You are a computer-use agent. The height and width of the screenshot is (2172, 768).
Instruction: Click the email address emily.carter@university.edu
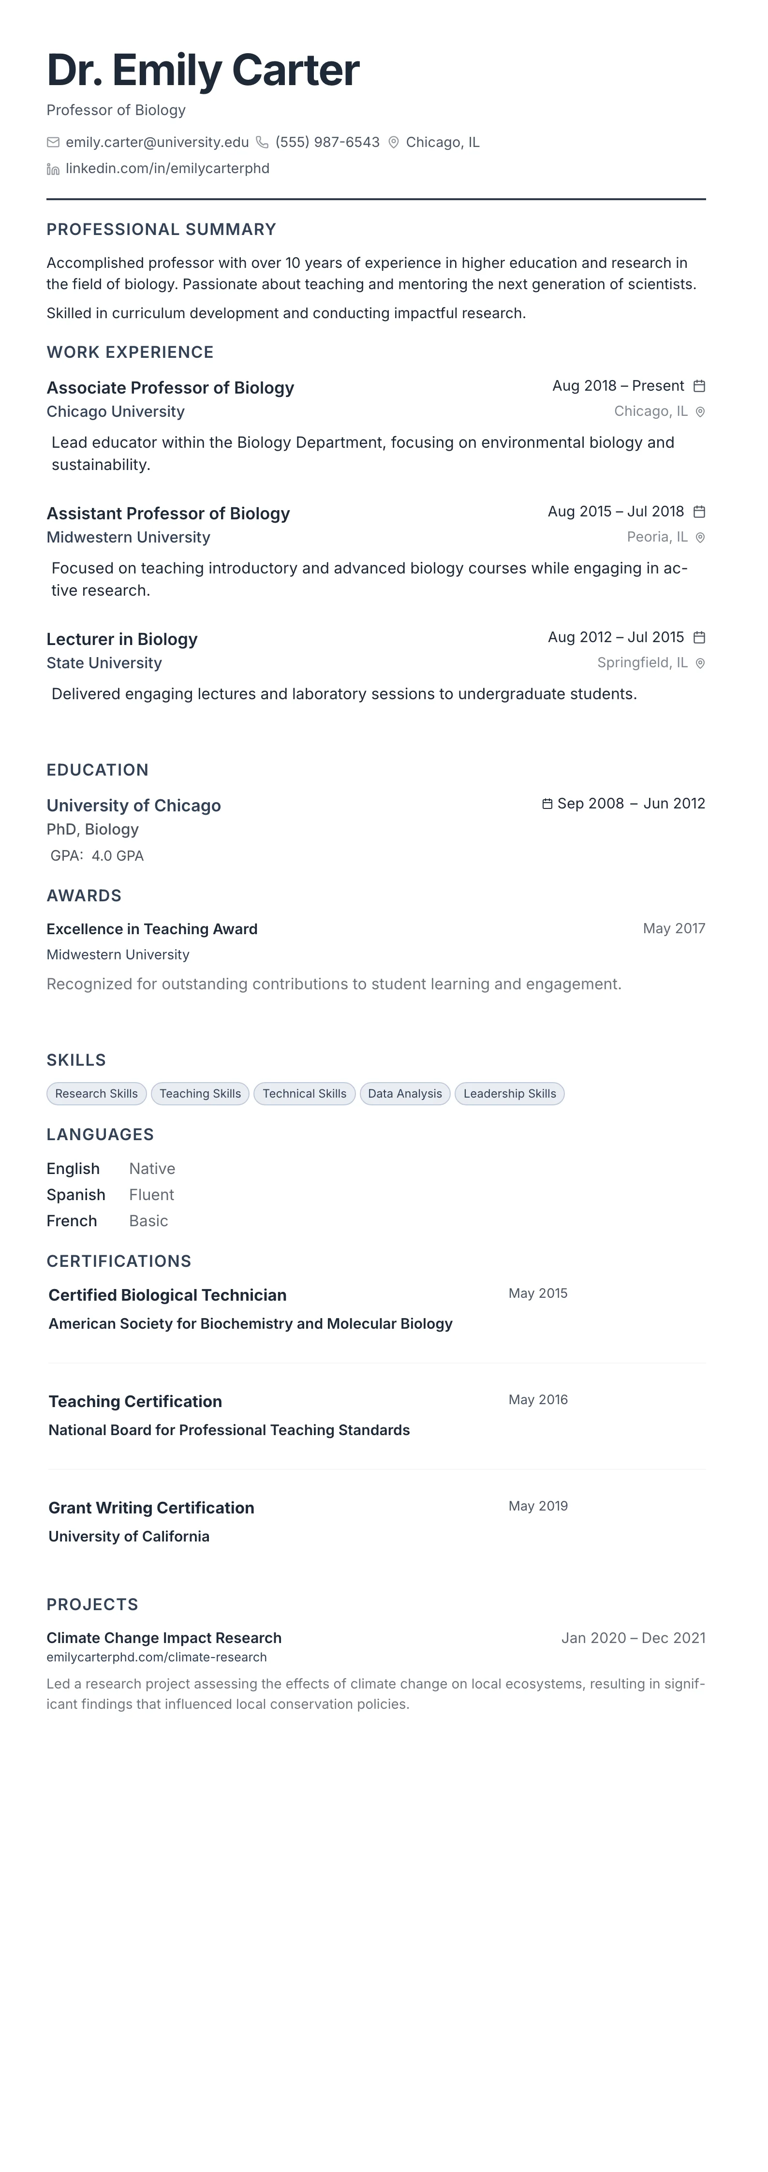(157, 143)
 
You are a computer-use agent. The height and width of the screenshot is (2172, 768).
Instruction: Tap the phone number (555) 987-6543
(327, 143)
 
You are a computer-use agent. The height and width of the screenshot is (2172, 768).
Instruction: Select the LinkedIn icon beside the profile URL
(53, 170)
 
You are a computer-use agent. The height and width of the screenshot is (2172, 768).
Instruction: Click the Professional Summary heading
(161, 229)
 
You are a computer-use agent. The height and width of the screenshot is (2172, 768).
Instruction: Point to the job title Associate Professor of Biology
(170, 388)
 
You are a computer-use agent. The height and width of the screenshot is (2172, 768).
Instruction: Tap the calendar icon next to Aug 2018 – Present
(699, 386)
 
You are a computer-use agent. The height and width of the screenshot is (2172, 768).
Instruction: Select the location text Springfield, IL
(642, 663)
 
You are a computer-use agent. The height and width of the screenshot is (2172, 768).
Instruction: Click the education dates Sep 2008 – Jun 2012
(631, 804)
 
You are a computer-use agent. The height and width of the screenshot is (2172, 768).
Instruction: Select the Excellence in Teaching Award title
(152, 929)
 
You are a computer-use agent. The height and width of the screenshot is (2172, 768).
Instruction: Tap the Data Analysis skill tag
(405, 1094)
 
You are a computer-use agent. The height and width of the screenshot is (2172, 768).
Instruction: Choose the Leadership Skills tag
(509, 1094)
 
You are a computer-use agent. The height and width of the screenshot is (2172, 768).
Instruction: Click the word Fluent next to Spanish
(152, 1195)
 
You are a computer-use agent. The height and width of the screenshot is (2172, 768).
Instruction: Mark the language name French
(72, 1221)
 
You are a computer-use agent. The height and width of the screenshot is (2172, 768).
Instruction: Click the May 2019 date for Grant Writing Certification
(538, 1506)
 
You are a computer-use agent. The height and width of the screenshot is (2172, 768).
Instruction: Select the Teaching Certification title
(135, 1401)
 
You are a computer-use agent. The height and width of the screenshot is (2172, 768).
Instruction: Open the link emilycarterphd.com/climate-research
(157, 1657)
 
